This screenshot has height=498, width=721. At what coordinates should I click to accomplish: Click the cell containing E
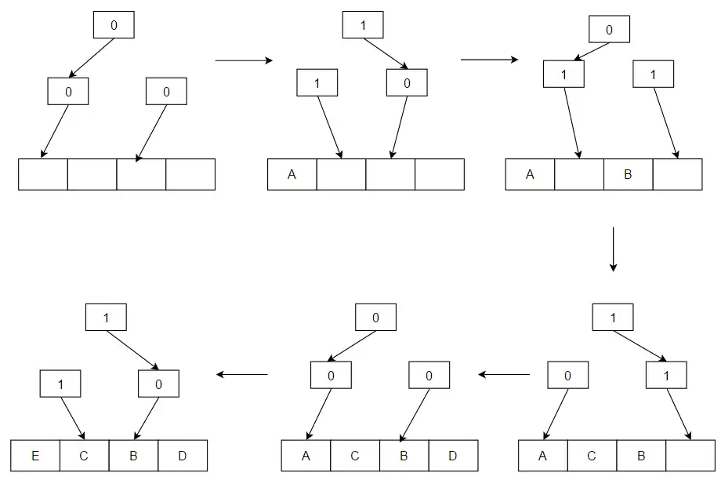35,456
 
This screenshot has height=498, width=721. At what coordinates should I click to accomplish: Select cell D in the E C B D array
182,456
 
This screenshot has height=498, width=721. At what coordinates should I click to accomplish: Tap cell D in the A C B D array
452,456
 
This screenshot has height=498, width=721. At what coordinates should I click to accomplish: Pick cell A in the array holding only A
292,174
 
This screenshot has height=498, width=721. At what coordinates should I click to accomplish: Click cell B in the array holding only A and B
627,174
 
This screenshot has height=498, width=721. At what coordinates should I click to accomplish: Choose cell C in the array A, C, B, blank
592,456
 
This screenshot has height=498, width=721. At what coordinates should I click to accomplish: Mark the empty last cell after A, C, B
690,456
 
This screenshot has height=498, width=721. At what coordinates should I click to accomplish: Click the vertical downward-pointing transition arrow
613,249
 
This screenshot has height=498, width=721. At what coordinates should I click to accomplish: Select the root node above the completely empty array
114,25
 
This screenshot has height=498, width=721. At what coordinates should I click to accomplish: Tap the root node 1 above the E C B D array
105,317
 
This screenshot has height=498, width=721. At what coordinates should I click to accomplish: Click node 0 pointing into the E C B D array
158,383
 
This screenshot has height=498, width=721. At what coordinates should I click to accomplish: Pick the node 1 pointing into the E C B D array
60,383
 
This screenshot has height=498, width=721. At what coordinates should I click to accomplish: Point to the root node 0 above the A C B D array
375,317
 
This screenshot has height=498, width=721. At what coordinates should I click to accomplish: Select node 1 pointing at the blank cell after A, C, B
665,376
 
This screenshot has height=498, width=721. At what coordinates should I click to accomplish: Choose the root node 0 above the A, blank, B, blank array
609,31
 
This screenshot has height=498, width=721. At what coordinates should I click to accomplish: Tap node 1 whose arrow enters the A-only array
317,83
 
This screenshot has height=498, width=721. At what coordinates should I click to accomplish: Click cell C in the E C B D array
84,456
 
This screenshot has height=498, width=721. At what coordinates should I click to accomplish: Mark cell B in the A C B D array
404,456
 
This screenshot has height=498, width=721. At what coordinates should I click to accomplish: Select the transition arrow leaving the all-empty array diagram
243,60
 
